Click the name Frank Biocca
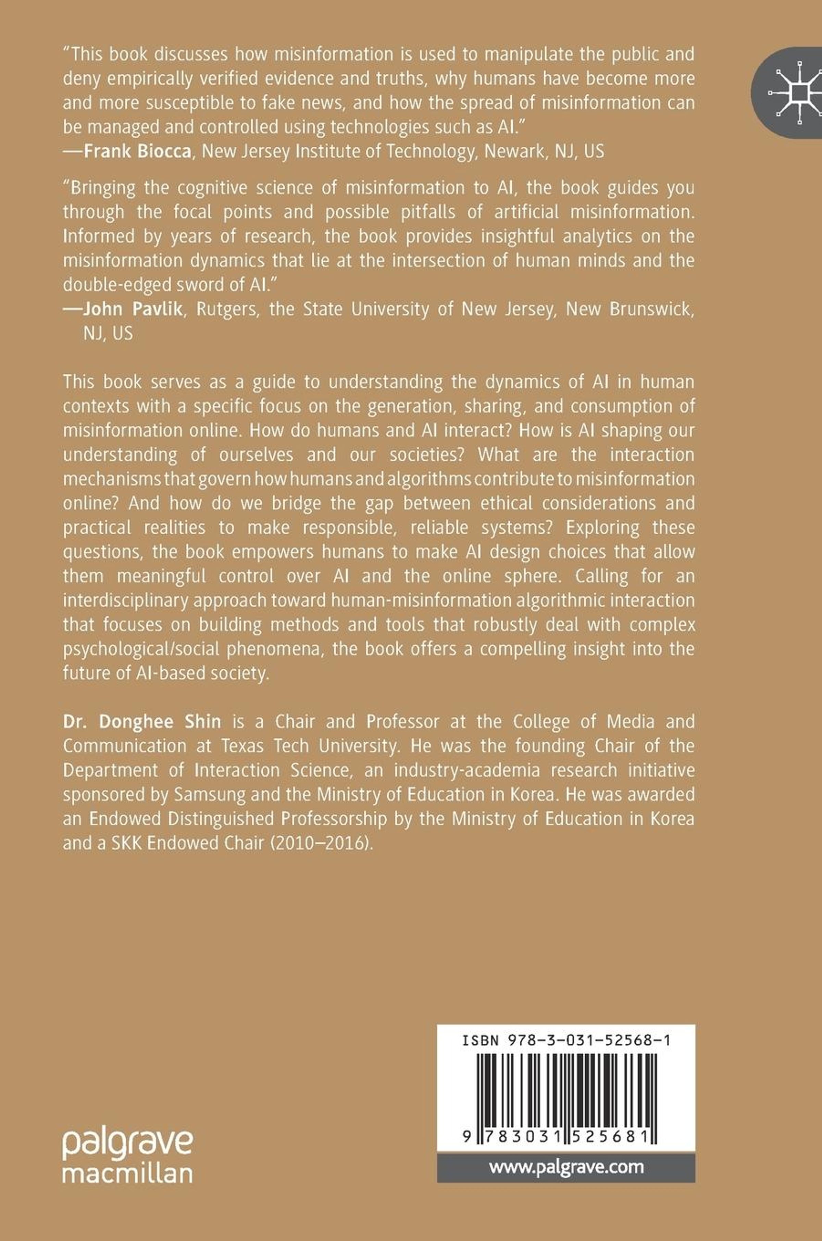137,151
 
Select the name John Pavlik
133,309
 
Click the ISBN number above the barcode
566,1041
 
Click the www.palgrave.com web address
566,1167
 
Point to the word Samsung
210,795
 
